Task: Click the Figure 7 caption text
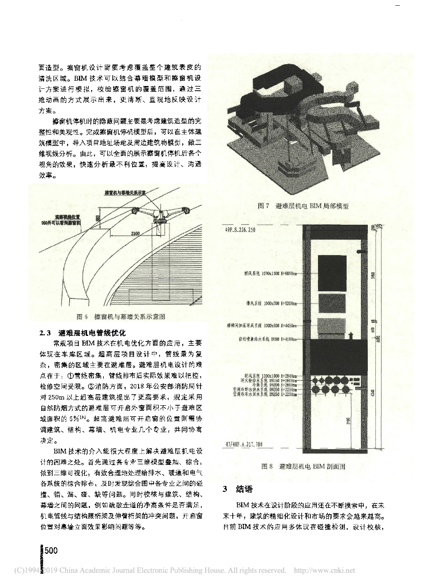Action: [x=304, y=205]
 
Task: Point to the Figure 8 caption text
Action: [x=304, y=467]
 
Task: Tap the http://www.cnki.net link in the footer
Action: [x=324, y=570]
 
